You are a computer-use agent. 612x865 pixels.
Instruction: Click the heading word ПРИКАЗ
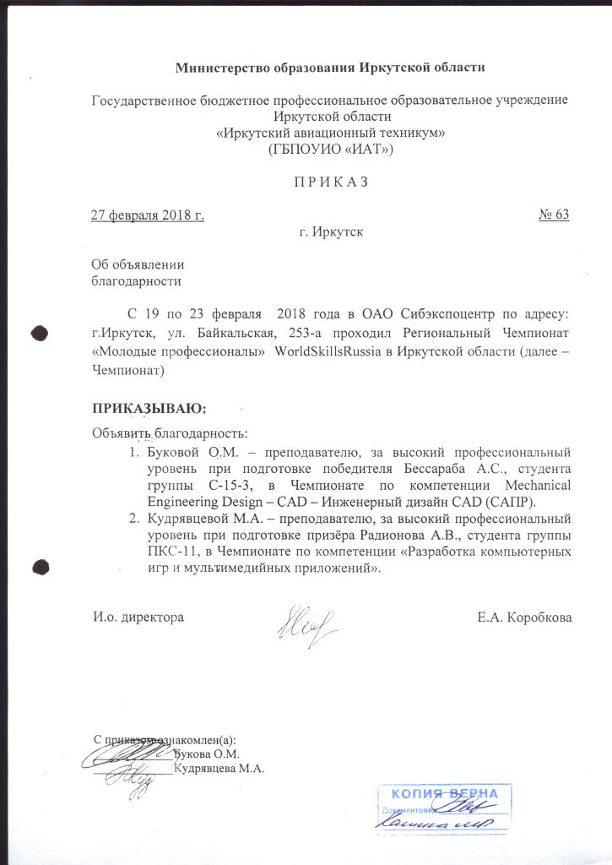pos(329,182)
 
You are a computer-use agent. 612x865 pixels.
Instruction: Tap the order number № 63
pos(554,215)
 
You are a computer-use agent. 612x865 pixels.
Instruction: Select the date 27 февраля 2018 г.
pos(148,215)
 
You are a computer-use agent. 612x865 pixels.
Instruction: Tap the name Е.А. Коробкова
pos(524,617)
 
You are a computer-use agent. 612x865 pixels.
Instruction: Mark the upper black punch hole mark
pos(39,334)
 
